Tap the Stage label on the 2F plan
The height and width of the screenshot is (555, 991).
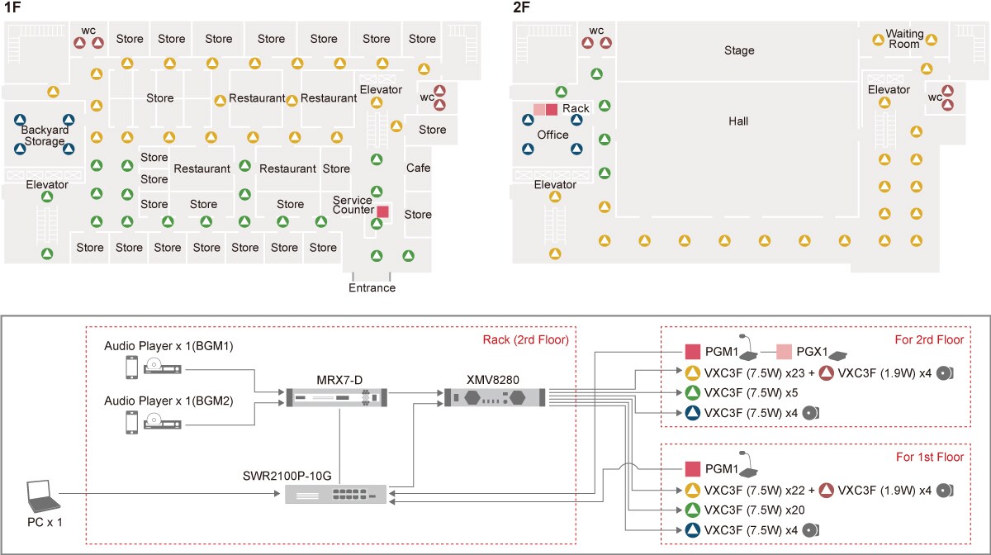(x=739, y=50)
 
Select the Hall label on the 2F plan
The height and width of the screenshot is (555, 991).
(x=738, y=121)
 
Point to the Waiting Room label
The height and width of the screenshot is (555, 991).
(x=903, y=39)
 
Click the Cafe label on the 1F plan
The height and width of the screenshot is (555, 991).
(x=418, y=168)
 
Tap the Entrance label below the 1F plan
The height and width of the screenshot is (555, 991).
(x=372, y=288)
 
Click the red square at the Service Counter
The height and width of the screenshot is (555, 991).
(x=382, y=211)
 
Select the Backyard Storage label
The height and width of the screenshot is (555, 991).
(x=45, y=135)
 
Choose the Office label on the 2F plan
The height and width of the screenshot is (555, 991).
(x=552, y=135)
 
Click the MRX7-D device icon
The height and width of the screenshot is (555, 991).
(x=335, y=399)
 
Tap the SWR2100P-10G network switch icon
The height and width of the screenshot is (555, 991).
(x=335, y=494)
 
